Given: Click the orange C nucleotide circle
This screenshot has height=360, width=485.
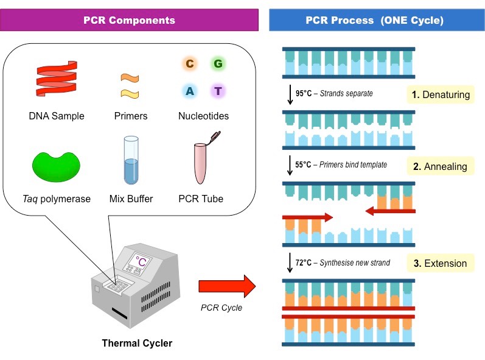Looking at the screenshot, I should point(189,64).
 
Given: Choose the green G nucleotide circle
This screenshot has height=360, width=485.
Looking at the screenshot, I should point(218,64).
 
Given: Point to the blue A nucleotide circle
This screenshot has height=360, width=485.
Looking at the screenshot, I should point(189,91).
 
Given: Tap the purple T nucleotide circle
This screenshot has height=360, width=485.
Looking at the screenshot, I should point(218,91).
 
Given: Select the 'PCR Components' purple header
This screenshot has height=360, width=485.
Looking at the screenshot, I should point(130,20).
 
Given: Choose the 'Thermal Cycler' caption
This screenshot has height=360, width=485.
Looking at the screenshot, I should point(136,343).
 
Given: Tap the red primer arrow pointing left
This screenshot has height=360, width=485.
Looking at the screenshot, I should point(389,211).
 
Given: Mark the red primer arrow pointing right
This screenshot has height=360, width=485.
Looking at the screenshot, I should point(307,217).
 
